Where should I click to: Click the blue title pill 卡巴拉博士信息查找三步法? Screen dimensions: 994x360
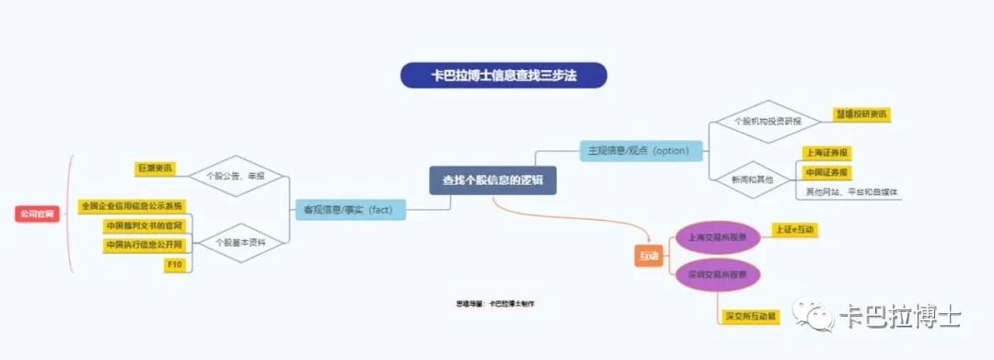pos(503,75)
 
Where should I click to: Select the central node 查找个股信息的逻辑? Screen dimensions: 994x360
pos(492,180)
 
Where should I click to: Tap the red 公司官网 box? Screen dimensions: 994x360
pos(38,214)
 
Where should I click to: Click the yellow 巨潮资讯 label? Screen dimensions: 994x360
pos(155,168)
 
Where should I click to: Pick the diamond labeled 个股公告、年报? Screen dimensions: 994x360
pos(235,175)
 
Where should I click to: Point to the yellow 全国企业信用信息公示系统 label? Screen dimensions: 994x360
pos(132,205)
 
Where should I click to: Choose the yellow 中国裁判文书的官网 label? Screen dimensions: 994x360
pos(144,226)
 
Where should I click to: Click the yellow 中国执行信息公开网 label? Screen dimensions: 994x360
pos(144,245)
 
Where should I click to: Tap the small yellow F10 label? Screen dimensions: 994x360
pos(174,265)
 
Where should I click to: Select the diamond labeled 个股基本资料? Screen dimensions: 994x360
pos(234,243)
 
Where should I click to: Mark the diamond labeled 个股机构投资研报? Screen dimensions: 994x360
pos(767,122)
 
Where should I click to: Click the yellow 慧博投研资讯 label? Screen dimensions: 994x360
pos(861,114)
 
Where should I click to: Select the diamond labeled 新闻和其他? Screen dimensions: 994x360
pos(753,180)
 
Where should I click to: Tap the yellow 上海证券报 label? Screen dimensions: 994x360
pos(826,153)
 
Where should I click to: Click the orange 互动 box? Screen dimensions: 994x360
pos(649,256)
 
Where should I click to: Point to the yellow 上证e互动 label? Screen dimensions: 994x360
pos(795,228)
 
